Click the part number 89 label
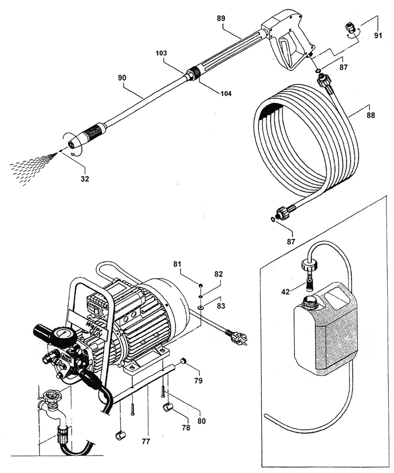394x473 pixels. pyautogui.click(x=221, y=19)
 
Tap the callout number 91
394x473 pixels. pyautogui.click(x=378, y=35)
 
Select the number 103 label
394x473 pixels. pyautogui.click(x=161, y=53)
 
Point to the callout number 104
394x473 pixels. pyautogui.click(x=226, y=94)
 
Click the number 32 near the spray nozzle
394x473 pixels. pyautogui.click(x=85, y=179)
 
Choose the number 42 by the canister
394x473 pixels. pyautogui.click(x=286, y=292)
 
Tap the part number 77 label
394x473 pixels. pyautogui.click(x=146, y=442)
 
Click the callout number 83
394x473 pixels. pyautogui.click(x=221, y=306)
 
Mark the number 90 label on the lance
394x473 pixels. pyautogui.click(x=122, y=78)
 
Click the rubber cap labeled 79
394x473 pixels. pyautogui.click(x=183, y=361)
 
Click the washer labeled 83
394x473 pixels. pyautogui.click(x=200, y=308)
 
